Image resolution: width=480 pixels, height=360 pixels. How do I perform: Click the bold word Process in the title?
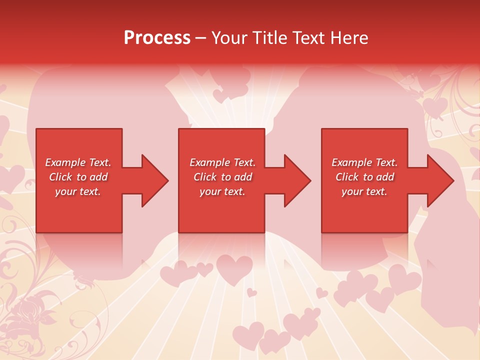157,38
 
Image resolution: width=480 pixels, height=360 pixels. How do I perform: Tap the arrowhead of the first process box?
152,180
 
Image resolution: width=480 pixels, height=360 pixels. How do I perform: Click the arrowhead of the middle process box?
295,180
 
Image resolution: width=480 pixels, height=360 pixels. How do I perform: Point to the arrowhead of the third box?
438,180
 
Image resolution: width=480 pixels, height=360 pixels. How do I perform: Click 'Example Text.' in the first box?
78,162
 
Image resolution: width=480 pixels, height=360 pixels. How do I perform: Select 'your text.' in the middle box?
222,191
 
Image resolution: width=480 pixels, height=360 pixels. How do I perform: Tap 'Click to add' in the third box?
365,177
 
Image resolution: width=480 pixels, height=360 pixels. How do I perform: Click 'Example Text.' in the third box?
365,162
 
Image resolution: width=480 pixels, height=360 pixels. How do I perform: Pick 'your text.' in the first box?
78,191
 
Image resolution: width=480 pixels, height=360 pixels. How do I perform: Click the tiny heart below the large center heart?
252,292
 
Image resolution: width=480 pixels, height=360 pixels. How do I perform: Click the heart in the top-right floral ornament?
434,106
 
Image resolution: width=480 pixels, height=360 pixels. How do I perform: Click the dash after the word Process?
200,38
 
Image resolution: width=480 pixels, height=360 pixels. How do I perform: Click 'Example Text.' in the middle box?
222,162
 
